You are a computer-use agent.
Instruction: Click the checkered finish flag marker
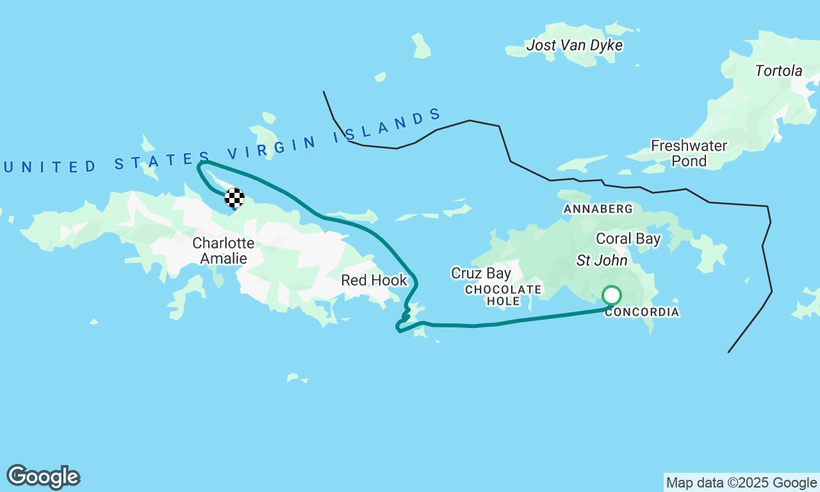[234, 198]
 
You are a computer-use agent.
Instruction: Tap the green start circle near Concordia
[612, 295]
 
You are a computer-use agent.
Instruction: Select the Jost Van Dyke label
[574, 45]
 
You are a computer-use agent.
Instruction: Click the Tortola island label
[778, 71]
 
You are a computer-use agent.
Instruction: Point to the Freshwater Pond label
[689, 153]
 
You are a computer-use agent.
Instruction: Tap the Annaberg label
[598, 209]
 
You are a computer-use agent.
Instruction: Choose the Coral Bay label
[628, 239]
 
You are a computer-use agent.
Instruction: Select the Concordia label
[641, 313]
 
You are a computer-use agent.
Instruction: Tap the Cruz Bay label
[481, 274]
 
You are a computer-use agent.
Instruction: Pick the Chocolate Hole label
[504, 295]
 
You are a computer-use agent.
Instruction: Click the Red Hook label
[373, 280]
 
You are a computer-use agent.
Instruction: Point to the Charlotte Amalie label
[223, 250]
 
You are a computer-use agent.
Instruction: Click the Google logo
[43, 477]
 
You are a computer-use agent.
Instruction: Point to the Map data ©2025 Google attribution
[741, 483]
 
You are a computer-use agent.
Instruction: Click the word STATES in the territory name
[163, 161]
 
